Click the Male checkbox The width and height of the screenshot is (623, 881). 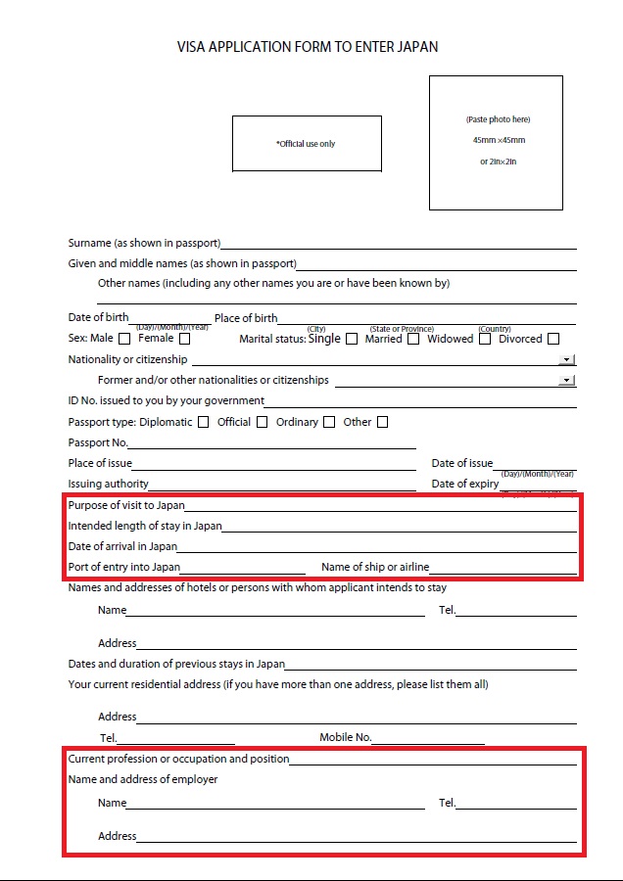[x=124, y=340]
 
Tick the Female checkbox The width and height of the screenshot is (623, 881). [x=184, y=340]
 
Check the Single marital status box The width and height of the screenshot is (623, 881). [x=352, y=340]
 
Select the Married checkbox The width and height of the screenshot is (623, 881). [x=413, y=340]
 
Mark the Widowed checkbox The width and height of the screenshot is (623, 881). [x=485, y=340]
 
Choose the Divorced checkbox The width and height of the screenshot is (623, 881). [x=553, y=340]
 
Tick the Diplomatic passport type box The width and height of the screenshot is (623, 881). [x=203, y=423]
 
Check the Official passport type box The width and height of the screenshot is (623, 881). [x=262, y=423]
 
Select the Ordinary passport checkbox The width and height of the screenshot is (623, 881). [x=329, y=423]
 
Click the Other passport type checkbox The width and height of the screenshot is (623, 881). [x=383, y=423]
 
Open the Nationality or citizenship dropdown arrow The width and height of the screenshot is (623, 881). [x=567, y=360]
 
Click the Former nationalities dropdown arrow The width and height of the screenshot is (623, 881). [x=566, y=381]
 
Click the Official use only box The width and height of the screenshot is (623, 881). [x=307, y=144]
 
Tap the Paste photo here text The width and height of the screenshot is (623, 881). [x=497, y=119]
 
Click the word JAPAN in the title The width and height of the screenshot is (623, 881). [x=417, y=46]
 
